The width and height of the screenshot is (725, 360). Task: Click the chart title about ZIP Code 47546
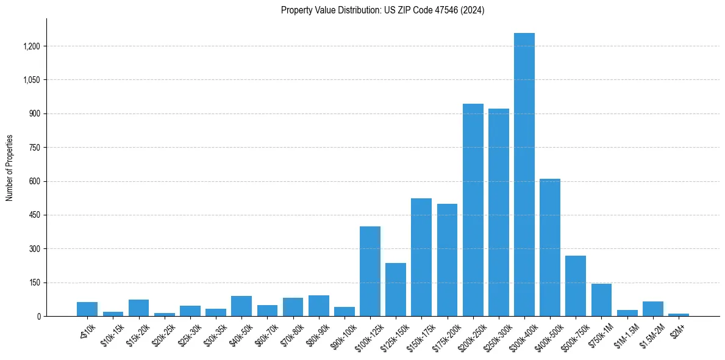pyautogui.click(x=382, y=10)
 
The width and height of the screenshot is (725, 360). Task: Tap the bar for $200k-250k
pyautogui.click(x=473, y=210)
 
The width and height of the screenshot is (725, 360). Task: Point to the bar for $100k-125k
pyautogui.click(x=370, y=271)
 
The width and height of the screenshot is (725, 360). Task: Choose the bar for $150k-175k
pyautogui.click(x=421, y=257)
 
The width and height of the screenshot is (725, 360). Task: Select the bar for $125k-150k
pyautogui.click(x=396, y=289)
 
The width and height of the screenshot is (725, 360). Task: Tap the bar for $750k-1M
pyautogui.click(x=601, y=300)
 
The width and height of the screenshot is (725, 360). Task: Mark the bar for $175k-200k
pyautogui.click(x=447, y=260)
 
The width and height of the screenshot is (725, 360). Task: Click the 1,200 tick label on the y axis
pyautogui.click(x=32, y=46)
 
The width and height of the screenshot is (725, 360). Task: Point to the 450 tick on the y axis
pyautogui.click(x=34, y=215)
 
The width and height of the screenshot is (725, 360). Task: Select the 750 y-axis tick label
pyautogui.click(x=34, y=148)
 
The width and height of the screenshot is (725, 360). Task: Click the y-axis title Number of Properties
pyautogui.click(x=10, y=168)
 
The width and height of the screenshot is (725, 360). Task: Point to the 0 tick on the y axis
pyautogui.click(x=38, y=317)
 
